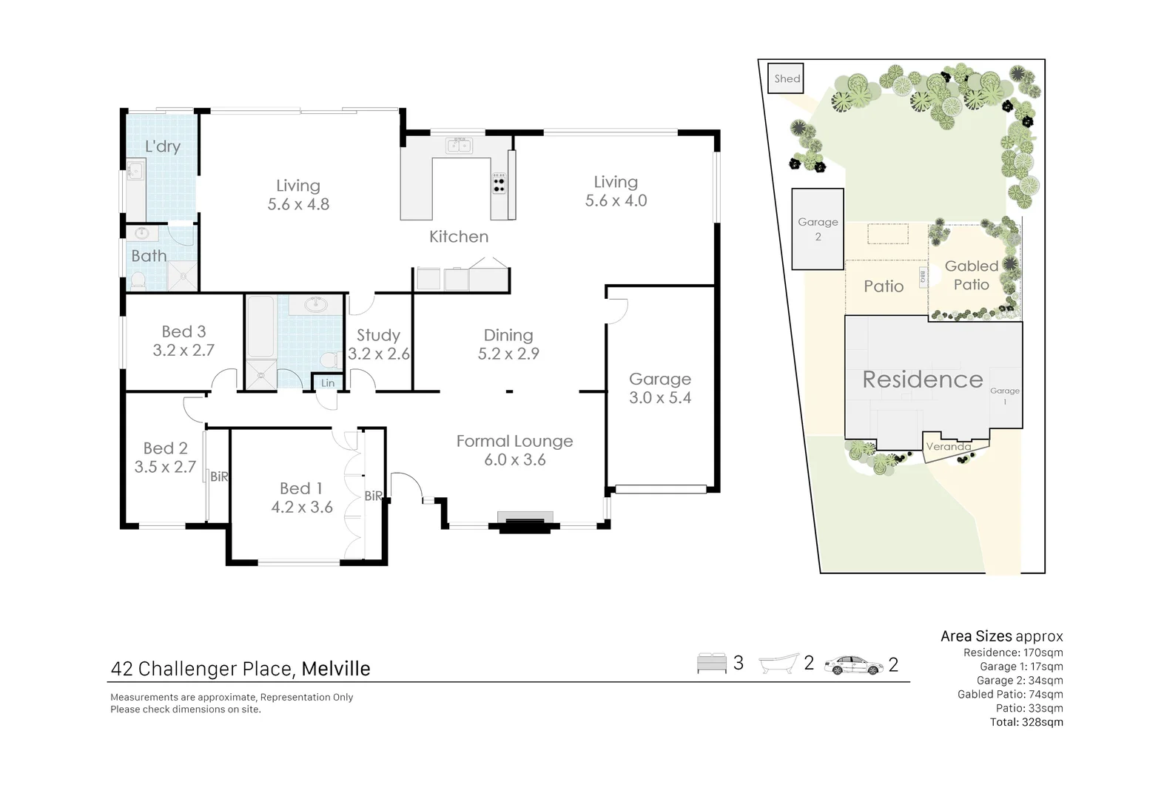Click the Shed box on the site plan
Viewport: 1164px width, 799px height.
point(787,78)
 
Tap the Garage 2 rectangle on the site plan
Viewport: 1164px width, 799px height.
point(818,229)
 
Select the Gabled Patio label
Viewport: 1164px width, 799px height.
point(971,275)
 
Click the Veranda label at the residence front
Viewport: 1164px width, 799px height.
point(948,447)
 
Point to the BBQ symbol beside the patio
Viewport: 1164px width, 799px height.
point(923,277)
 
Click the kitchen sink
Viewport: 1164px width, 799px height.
point(459,146)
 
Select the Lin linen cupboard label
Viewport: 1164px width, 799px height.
point(328,383)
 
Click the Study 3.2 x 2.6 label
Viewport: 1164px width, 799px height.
point(378,345)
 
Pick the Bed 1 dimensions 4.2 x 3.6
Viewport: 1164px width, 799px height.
point(302,508)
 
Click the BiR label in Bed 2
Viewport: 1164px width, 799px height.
point(219,477)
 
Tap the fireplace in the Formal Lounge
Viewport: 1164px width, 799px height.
point(525,522)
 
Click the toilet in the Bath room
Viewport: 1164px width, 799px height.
point(138,280)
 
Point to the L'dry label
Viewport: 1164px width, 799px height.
point(162,146)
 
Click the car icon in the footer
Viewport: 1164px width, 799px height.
point(853,664)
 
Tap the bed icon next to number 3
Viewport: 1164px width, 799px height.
point(712,664)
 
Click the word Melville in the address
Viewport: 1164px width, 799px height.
point(336,669)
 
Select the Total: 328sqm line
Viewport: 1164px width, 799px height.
point(1026,722)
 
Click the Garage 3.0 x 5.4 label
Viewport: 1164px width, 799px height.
point(660,388)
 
